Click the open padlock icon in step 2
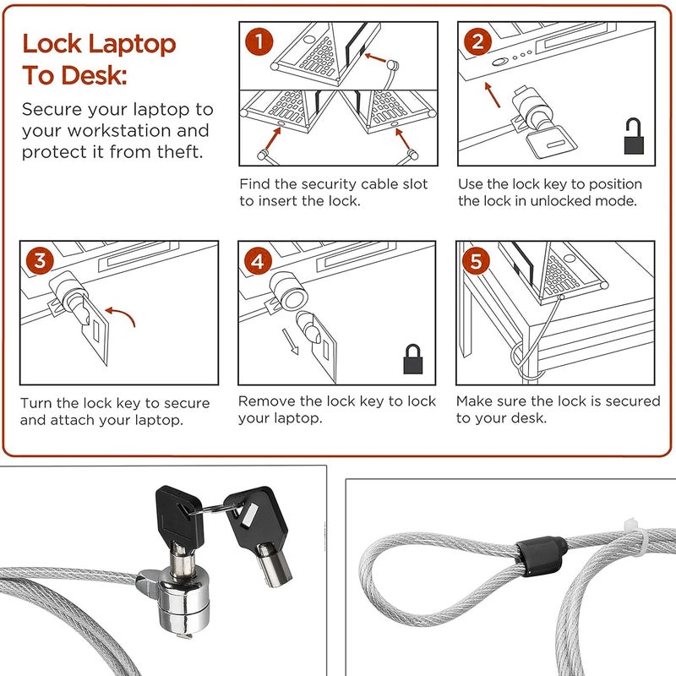click(x=633, y=136)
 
